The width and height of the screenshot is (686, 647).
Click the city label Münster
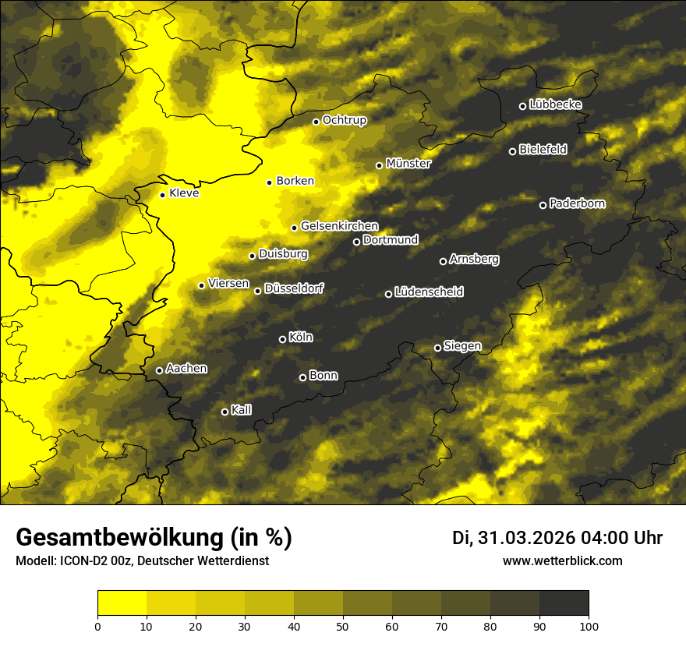[408, 164]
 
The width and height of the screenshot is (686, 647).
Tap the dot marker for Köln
[282, 339]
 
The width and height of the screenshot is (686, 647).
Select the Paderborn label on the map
[577, 204]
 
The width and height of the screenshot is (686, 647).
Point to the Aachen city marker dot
[159, 370]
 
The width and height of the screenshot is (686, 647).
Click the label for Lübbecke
[555, 104]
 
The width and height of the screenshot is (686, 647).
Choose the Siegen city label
[462, 346]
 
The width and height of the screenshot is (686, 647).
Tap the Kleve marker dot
[162, 195]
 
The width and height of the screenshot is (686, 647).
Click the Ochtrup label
[344, 120]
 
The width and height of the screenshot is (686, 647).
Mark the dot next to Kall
[225, 412]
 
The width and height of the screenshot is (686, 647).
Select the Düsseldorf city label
[294, 289]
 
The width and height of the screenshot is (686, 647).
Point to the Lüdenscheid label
[429, 292]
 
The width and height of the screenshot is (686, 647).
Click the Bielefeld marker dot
[512, 151]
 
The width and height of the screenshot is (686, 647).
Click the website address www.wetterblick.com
[562, 560]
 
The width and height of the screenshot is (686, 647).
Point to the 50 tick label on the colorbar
[343, 625]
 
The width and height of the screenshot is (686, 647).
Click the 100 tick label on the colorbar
[588, 625]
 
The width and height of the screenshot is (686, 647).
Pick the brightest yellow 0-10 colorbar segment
[122, 603]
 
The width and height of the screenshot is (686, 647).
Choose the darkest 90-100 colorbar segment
[564, 603]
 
